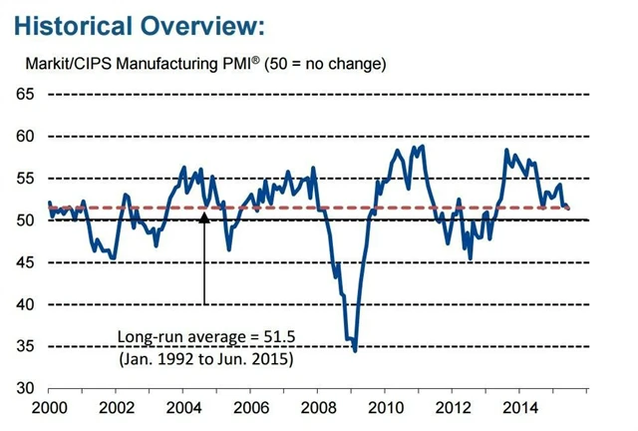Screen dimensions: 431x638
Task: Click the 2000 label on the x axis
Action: [49, 408]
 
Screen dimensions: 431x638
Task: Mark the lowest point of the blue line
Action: [356, 350]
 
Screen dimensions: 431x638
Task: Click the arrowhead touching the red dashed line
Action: [204, 214]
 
